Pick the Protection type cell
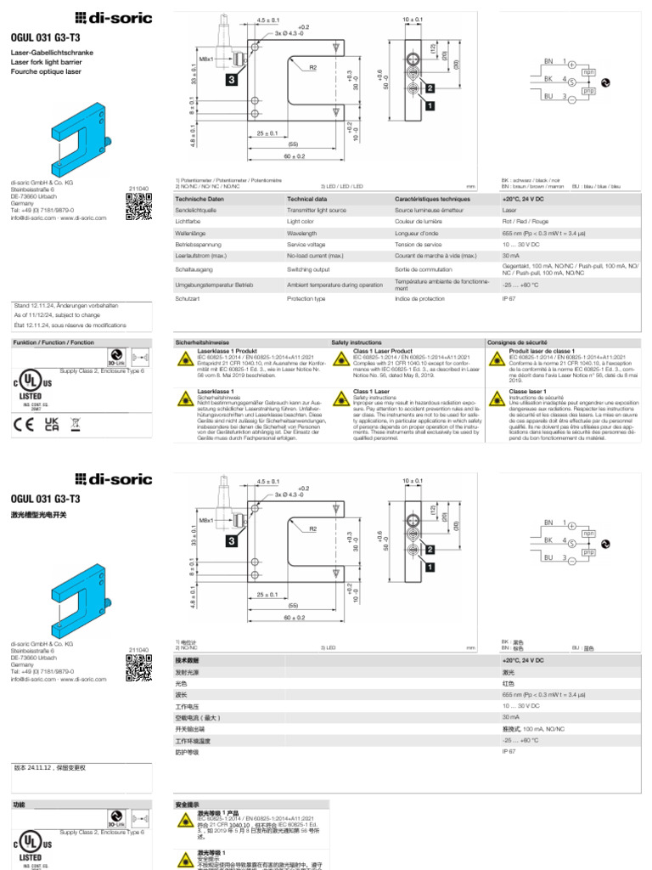(306, 299)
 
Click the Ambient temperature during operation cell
(334, 285)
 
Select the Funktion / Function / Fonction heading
(53, 342)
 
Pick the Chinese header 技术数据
(187, 660)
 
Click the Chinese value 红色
(509, 683)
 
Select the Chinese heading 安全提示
(187, 804)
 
